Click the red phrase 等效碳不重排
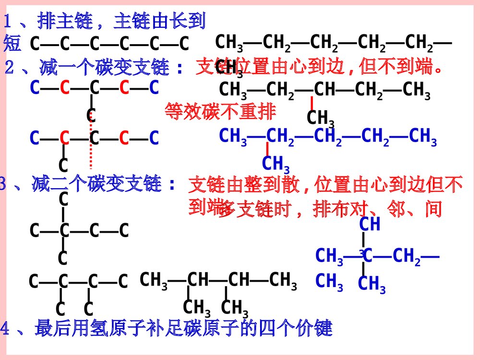(x=220, y=112)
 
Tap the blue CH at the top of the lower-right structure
(x=370, y=224)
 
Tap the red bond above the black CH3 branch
(x=312, y=103)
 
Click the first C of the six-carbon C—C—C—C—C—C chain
(x=35, y=44)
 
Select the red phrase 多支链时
(x=245, y=209)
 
